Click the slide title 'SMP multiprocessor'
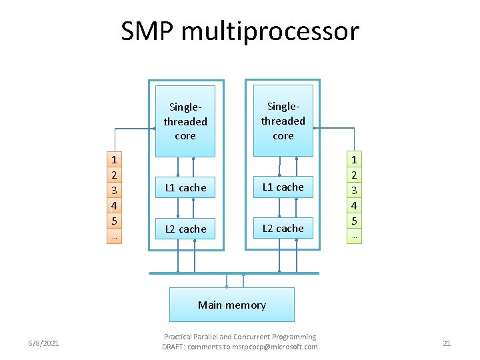[x=239, y=31]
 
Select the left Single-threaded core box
[x=185, y=121]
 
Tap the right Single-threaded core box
[x=283, y=121]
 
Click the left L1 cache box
[x=185, y=188]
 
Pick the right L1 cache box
[x=283, y=187]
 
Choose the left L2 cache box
[x=185, y=229]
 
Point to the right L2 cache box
[x=283, y=228]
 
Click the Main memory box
[x=231, y=305]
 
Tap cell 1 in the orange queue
[x=115, y=160]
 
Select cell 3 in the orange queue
[x=115, y=191]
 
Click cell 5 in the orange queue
[x=115, y=221]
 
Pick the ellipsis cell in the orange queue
[x=115, y=236]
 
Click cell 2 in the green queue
[x=354, y=175]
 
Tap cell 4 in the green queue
[x=354, y=206]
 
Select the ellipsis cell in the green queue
[x=354, y=236]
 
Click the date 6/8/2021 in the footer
[x=43, y=343]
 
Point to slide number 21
[x=447, y=343]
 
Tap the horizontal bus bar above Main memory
[x=233, y=273]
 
